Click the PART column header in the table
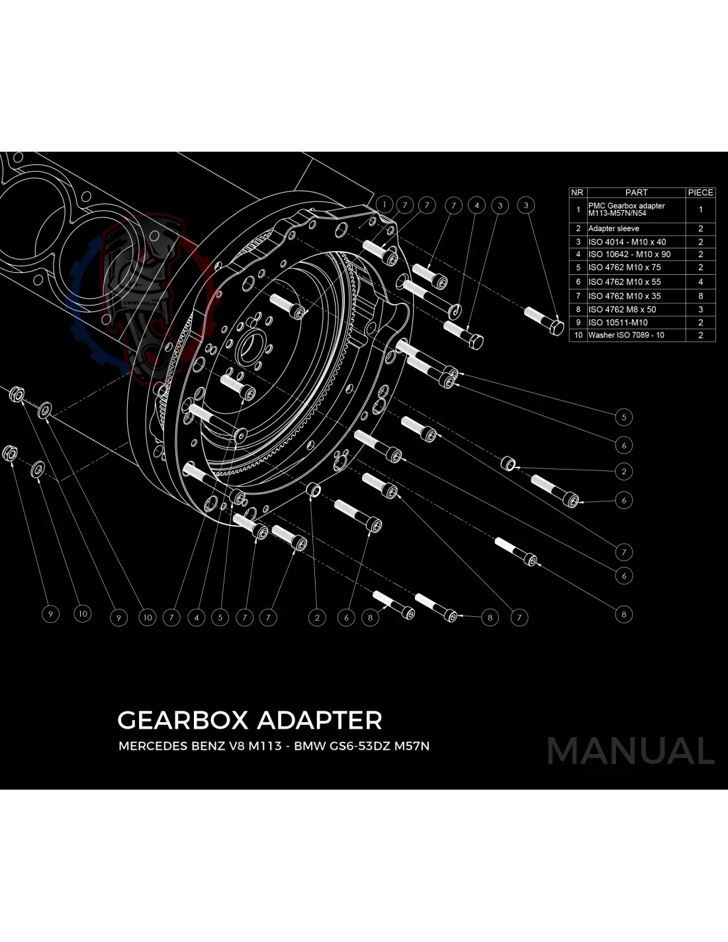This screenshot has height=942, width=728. coord(636,192)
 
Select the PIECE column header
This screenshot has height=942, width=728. coord(700,192)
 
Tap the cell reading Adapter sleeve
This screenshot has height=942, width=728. coord(614,229)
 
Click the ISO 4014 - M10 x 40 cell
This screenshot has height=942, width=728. coord(627,242)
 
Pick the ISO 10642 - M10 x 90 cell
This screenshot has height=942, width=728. coord(629,254)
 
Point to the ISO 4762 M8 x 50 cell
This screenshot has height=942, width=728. coord(622,309)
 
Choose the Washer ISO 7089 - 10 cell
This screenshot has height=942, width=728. coord(626,335)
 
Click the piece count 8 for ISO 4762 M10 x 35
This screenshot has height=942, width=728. coord(700,296)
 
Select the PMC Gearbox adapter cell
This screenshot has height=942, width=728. coord(626,209)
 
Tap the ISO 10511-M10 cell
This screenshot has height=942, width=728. coord(617,323)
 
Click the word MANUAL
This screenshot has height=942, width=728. coord(630,751)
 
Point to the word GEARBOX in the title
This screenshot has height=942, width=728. coord(183,720)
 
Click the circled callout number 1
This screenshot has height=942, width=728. coord(384,205)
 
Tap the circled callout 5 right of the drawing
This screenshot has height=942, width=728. coord(623,417)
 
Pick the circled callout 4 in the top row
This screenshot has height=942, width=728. coord(477,205)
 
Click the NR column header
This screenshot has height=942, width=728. coord(577,192)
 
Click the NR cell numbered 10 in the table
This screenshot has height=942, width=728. coord(578,335)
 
